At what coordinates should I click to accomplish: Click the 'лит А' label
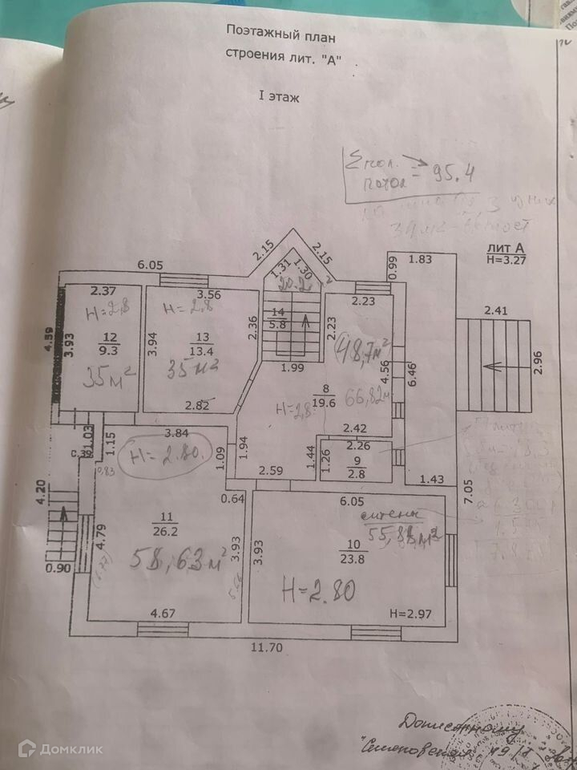(x=504, y=249)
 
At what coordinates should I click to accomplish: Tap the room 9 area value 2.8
(x=357, y=473)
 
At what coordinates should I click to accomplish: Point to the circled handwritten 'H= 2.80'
(x=166, y=457)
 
